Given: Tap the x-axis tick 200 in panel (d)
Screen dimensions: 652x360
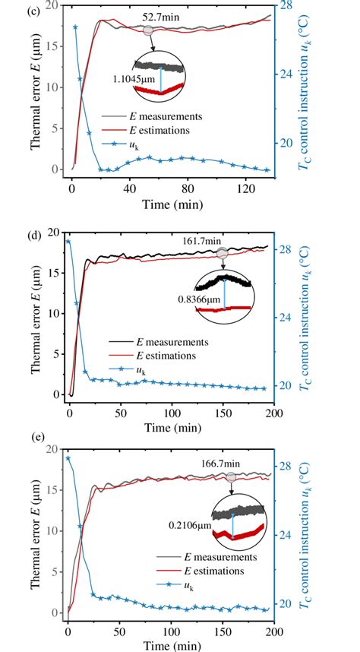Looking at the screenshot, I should tap(273, 411).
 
